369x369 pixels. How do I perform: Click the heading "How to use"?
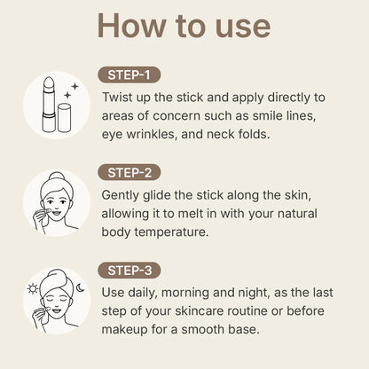(x=184, y=26)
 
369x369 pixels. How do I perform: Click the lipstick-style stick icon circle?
(x=56, y=106)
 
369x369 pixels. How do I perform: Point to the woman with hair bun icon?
(x=56, y=203)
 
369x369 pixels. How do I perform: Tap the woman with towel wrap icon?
(x=56, y=299)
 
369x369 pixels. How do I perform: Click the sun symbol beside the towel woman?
(x=32, y=289)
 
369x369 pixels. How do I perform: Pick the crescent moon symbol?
(x=79, y=287)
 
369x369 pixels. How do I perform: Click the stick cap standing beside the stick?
(x=64, y=117)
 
